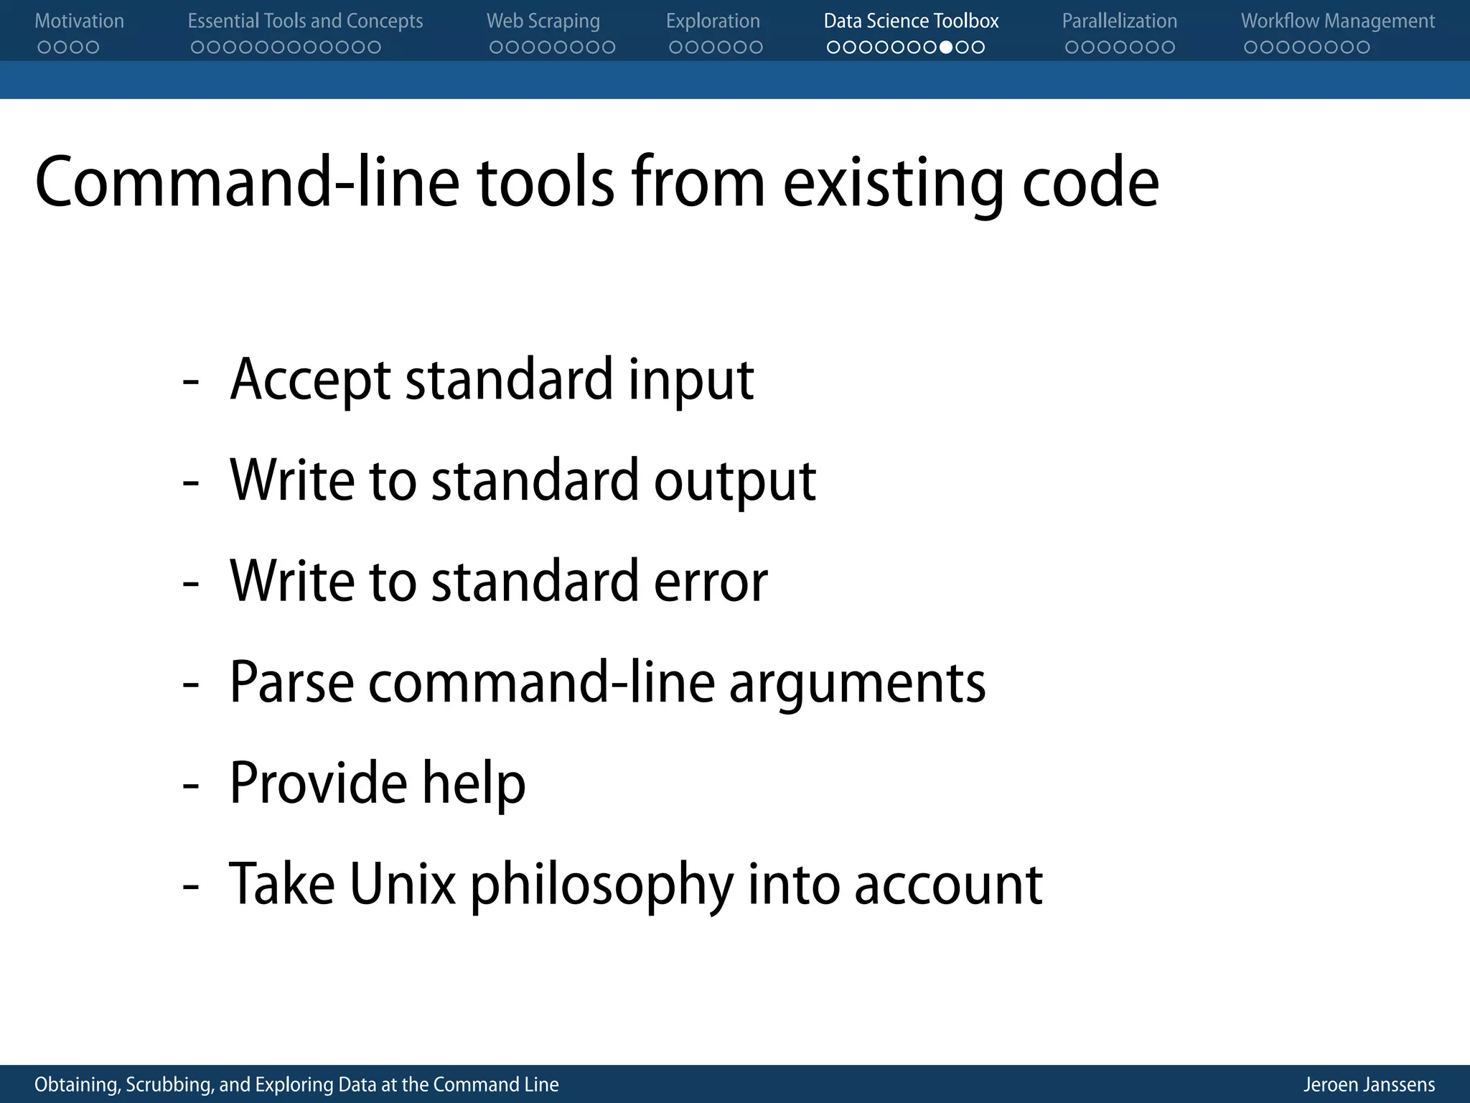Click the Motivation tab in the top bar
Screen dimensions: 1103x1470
pos(79,22)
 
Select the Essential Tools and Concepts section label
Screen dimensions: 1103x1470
pos(305,22)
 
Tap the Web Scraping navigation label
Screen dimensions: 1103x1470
pos(543,22)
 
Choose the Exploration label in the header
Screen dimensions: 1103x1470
pos(713,22)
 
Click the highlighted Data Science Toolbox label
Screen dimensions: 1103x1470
pos(911,22)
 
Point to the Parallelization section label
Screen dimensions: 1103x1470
pos(1119,22)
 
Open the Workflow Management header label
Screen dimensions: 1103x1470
pos(1338,22)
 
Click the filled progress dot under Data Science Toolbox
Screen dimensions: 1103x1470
pos(946,47)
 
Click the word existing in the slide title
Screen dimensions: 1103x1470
pos(893,183)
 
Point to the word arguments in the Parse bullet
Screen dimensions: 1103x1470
pos(857,684)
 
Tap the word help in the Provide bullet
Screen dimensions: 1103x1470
pos(474,783)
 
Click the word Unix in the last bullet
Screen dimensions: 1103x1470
pos(403,885)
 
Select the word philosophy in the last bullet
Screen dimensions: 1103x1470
pos(601,885)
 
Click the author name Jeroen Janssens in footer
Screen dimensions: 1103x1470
pos(1369,1084)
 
